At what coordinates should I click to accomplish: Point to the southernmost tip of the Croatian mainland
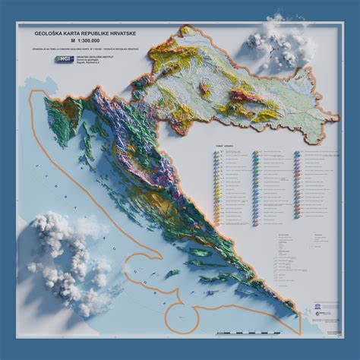pyautogui.click(x=301, y=331)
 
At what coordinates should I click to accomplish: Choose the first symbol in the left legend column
pyautogui.click(x=219, y=153)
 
